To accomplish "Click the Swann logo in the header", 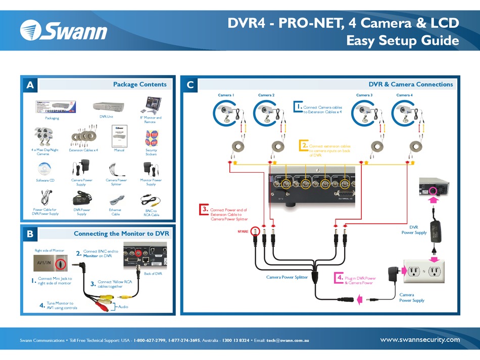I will click(64, 31).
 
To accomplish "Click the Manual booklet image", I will click(119, 136).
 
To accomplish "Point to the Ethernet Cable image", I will click(116, 200).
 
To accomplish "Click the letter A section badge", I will click(30, 85).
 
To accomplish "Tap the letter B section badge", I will click(30, 234).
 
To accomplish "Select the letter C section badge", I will click(190, 85).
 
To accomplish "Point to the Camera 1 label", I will click(225, 95).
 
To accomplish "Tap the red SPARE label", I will click(244, 231).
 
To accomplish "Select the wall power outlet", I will click(423, 272).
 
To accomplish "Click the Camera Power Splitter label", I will click(287, 277).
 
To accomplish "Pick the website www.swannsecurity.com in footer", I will click(420, 339).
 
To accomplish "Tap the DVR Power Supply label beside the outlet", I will click(414, 230).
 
